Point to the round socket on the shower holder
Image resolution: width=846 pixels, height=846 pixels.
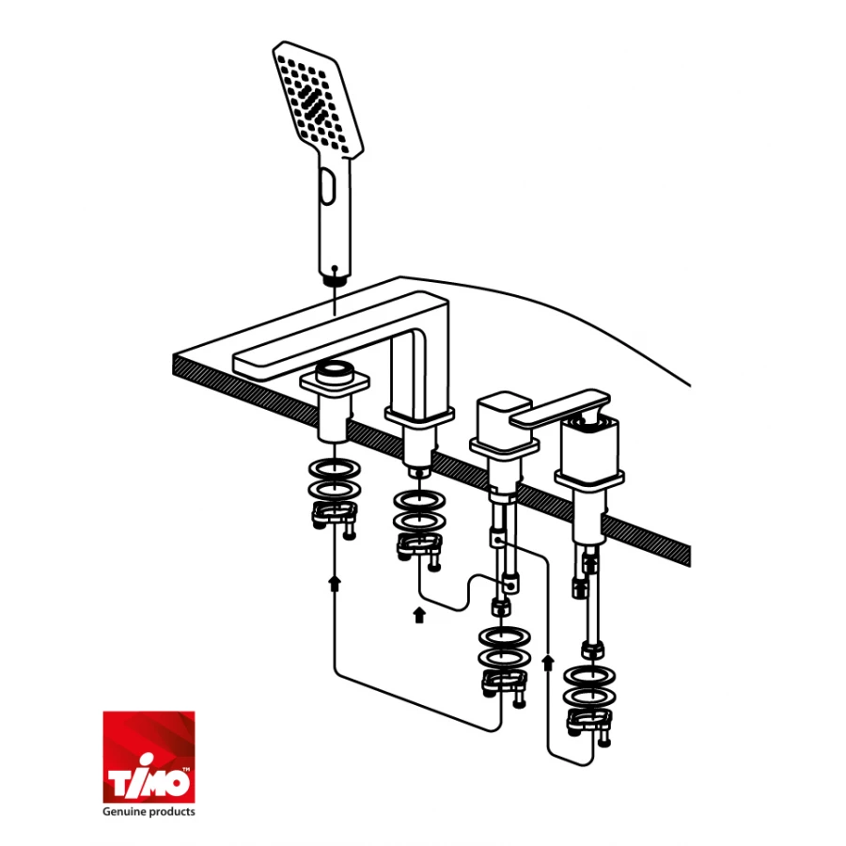(334, 370)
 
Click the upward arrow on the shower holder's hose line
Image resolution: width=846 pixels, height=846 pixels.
(335, 583)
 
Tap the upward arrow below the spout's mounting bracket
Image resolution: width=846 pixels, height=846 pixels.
(419, 615)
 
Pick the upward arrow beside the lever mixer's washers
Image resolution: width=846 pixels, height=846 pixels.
(548, 662)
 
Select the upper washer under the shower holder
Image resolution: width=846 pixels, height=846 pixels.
(335, 469)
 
